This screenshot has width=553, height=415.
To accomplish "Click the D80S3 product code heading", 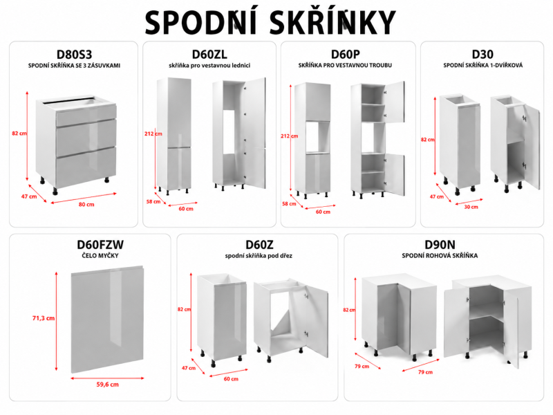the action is [x=74, y=55].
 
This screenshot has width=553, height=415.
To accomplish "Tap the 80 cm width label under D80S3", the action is [x=86, y=204].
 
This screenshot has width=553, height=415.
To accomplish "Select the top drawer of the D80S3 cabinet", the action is [x=86, y=115].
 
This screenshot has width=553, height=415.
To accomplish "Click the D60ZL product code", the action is [x=209, y=55].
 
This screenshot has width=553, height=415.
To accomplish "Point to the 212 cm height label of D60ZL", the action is [x=153, y=133].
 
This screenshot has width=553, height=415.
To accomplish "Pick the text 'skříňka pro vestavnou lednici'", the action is [x=209, y=65].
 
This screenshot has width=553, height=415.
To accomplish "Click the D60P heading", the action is [x=345, y=55].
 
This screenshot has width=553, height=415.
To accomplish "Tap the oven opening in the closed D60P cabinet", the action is [x=317, y=137].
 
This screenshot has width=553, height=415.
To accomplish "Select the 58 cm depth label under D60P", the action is [x=289, y=203].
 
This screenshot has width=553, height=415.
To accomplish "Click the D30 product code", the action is [x=482, y=55].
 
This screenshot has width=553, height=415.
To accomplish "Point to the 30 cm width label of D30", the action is [x=471, y=207].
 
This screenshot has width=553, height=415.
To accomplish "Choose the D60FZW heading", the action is [x=100, y=245].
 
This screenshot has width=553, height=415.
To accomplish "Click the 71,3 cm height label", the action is [x=44, y=318].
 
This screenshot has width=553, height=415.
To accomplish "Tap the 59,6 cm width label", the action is [x=108, y=385].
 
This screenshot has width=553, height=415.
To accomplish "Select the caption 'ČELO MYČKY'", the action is [x=100, y=255].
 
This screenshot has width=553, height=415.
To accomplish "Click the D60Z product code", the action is [x=259, y=245].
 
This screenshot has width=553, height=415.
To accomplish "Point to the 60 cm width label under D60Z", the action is [x=231, y=378].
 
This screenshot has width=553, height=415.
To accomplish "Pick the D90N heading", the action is [x=440, y=245].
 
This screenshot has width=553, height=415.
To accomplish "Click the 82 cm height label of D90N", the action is [x=349, y=310].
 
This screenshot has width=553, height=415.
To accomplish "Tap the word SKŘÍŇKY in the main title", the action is [x=332, y=23].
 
